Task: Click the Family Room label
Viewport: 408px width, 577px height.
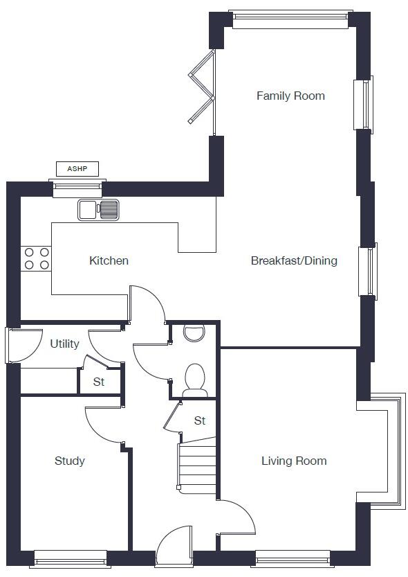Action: [290, 96]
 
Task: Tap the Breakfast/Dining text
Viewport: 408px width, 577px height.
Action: [294, 260]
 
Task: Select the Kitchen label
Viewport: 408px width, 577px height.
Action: [109, 260]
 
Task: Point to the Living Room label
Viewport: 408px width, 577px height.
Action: [294, 461]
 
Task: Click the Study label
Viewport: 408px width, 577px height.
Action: [70, 461]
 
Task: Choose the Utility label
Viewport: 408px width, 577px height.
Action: [64, 344]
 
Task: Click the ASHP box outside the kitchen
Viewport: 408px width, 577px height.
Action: [77, 168]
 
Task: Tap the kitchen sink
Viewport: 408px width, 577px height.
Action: [99, 209]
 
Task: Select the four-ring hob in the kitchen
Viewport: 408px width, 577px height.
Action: [37, 258]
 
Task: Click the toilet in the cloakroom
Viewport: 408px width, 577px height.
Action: [195, 380]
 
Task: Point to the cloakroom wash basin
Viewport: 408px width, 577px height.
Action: [194, 332]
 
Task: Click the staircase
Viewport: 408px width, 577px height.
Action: [198, 468]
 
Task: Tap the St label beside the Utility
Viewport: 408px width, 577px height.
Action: [99, 382]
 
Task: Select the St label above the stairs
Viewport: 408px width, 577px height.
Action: [200, 420]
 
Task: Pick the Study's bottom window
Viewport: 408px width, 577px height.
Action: [71, 558]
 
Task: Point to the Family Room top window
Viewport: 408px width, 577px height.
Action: [290, 19]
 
